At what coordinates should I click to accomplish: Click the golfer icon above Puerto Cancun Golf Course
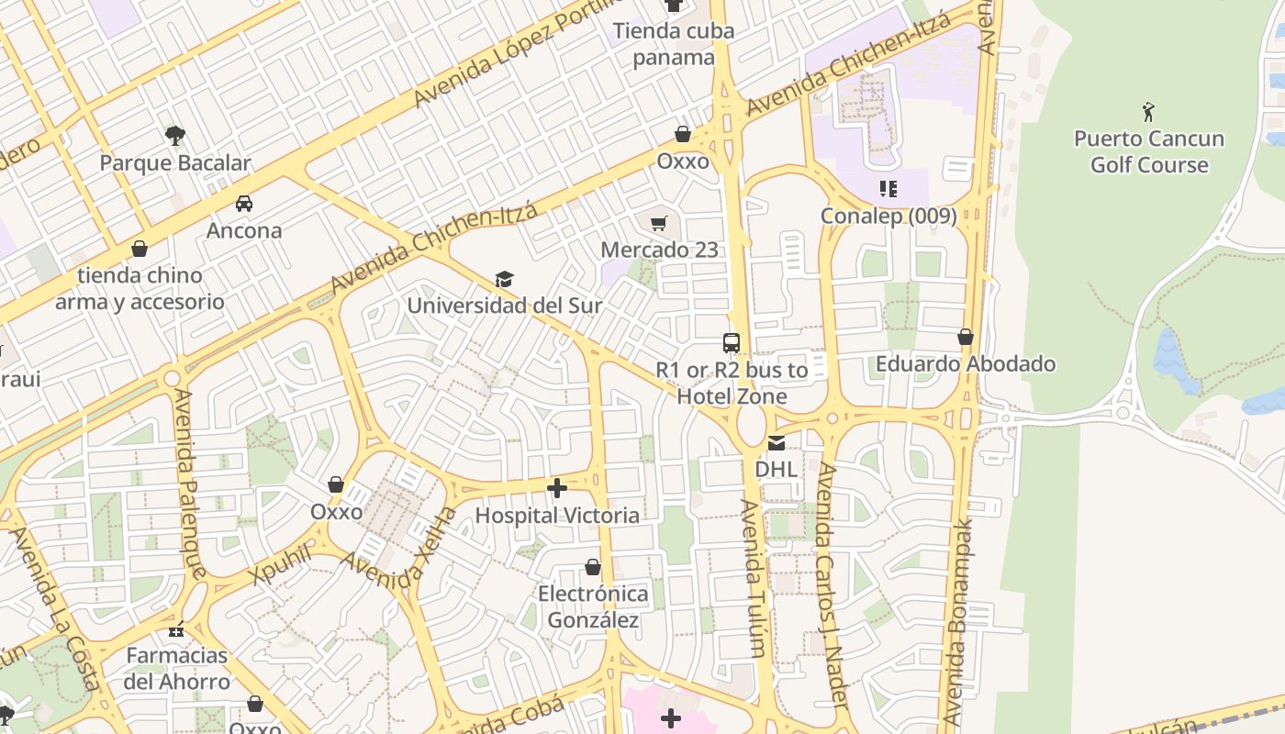1148,112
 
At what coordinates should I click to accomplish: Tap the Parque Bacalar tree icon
175,136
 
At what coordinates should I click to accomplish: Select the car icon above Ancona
244,203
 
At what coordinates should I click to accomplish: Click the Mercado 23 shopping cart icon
658,223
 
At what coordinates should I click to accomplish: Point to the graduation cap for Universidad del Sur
504,279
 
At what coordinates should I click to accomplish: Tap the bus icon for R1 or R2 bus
732,343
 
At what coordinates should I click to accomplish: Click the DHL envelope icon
777,443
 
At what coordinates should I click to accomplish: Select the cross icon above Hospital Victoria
557,488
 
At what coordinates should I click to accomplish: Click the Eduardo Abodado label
966,364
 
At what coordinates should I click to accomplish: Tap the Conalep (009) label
888,216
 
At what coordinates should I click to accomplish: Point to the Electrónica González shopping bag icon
593,568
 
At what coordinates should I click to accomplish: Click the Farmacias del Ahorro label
177,668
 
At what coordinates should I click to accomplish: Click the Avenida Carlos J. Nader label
829,584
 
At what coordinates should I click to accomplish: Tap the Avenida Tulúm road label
753,578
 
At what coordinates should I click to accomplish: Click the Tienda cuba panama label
674,44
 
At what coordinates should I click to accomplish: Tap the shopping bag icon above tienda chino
140,249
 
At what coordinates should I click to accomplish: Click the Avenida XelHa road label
398,550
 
